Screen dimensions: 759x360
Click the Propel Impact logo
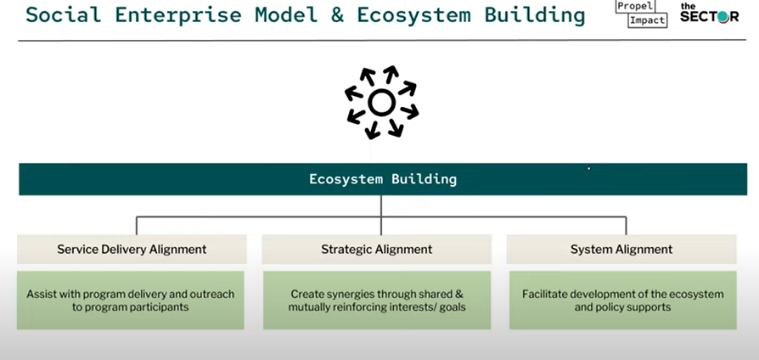641,14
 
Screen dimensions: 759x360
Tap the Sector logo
709,13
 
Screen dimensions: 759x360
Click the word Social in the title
64,15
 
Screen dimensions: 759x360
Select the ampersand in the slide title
337,15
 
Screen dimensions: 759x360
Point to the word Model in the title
286,15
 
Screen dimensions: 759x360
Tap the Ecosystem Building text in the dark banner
383,179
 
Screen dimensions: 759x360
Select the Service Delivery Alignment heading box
132,249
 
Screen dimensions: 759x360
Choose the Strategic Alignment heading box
377,249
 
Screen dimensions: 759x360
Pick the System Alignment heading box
621,249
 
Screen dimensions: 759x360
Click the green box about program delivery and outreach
130,301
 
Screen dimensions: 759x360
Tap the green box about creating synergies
377,301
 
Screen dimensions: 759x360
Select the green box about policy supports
623,301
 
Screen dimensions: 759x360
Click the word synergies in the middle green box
347,295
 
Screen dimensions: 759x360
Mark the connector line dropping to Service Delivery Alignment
137,226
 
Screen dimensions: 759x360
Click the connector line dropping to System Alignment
627,226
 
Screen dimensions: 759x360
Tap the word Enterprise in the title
178,15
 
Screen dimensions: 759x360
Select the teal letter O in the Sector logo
722,17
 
